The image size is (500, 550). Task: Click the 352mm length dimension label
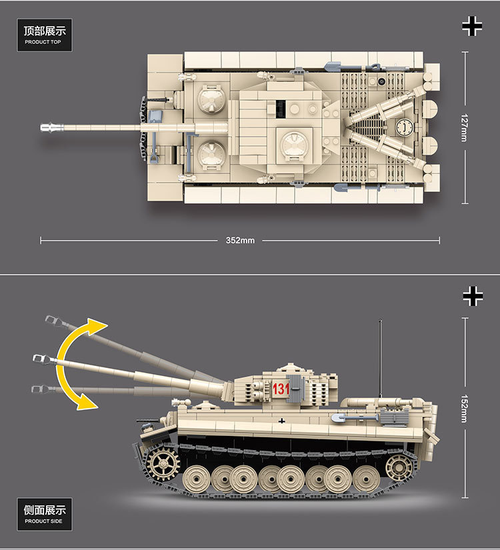click(x=240, y=240)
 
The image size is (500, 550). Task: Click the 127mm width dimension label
click(x=465, y=127)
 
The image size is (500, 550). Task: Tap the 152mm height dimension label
click(x=465, y=407)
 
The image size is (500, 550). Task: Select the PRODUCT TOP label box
click(x=43, y=35)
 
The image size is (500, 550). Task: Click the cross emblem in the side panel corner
click(x=472, y=296)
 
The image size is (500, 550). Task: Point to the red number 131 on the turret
click(x=280, y=389)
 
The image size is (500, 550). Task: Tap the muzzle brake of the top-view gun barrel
click(x=49, y=127)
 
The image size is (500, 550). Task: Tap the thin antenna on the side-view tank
click(x=381, y=360)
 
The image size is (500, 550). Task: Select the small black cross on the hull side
click(x=283, y=420)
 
